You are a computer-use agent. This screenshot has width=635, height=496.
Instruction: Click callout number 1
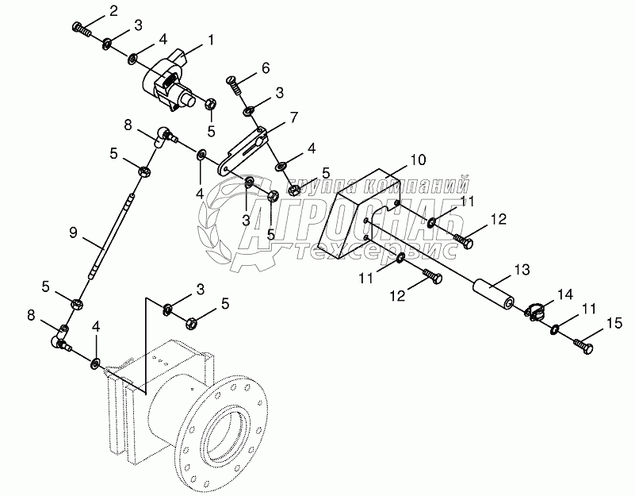tap(211, 39)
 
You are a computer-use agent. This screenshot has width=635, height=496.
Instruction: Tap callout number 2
tap(113, 10)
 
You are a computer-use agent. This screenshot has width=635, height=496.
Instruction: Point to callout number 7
tap(293, 117)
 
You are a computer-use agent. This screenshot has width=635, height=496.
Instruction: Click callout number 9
tap(74, 233)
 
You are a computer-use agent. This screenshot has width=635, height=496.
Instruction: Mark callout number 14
tap(564, 294)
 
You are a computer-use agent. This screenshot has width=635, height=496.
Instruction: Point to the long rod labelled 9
tap(112, 239)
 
